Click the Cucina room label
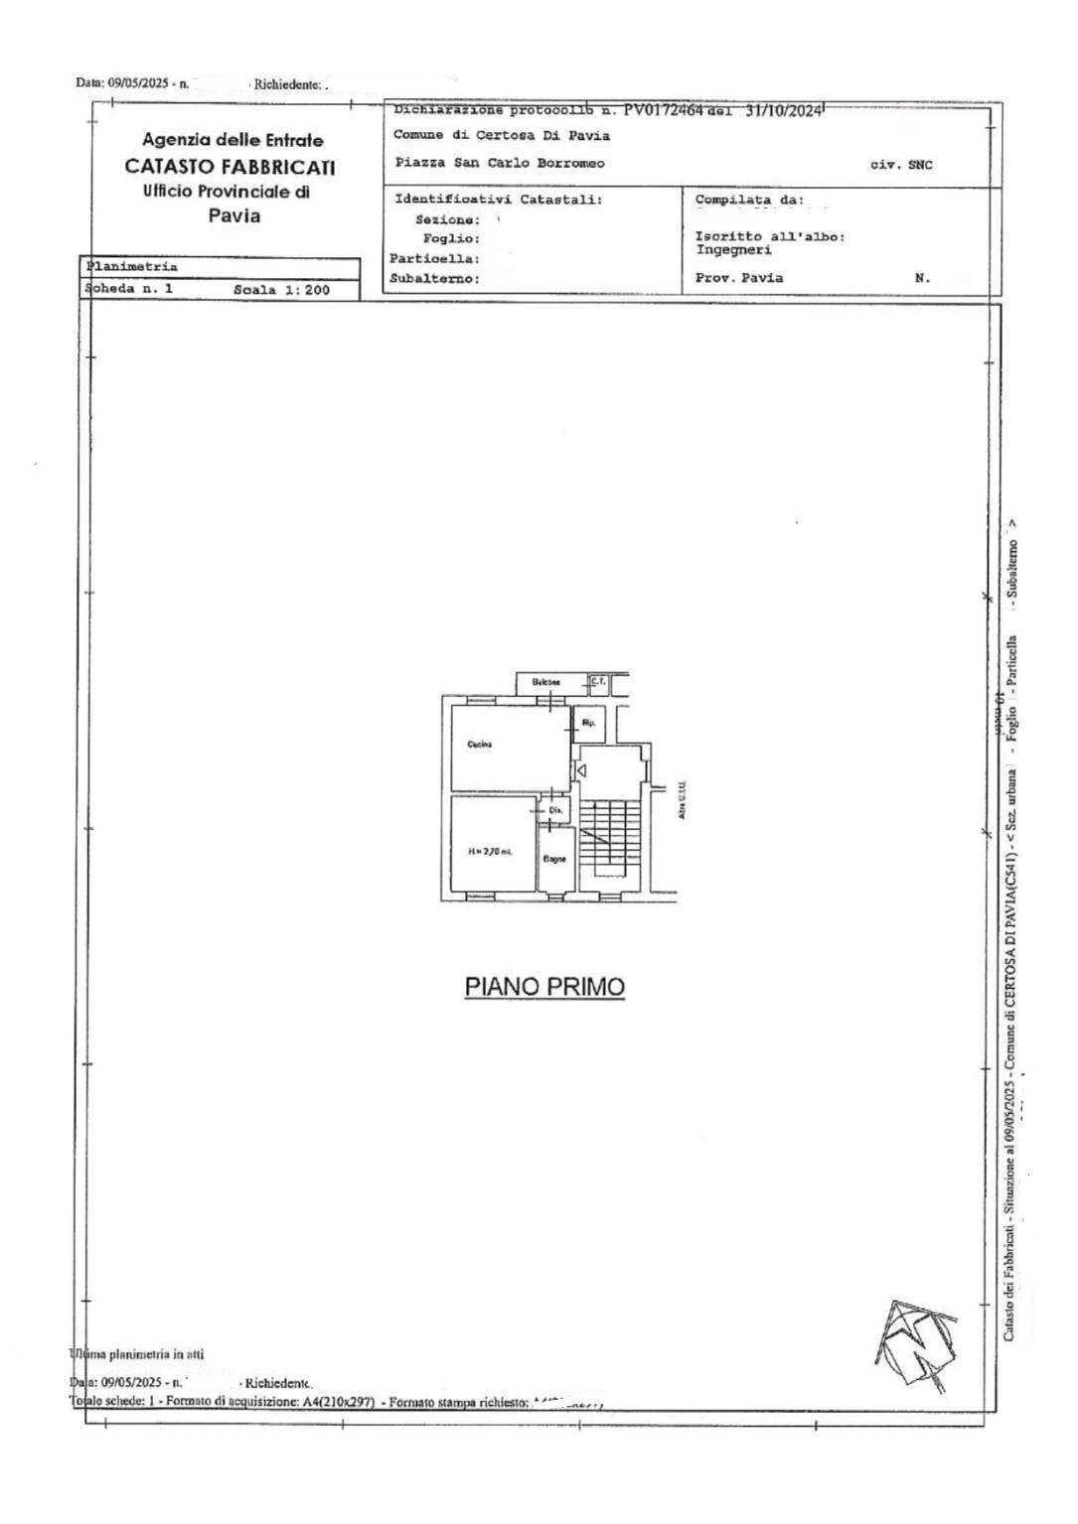pos(480,745)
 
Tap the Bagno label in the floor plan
pos(554,859)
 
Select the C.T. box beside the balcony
pos(597,681)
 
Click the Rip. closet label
pos(587,722)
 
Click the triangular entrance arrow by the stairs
pos(583,769)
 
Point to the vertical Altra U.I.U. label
pos(684,799)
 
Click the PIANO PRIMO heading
pos(544,987)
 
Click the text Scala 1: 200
pos(281,290)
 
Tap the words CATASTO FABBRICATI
pos(230,167)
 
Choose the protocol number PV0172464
pos(663,111)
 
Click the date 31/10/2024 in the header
pos(784,111)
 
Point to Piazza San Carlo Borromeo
pos(499,164)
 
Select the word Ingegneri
pos(733,250)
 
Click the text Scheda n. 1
pos(130,289)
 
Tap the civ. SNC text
pos(901,165)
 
